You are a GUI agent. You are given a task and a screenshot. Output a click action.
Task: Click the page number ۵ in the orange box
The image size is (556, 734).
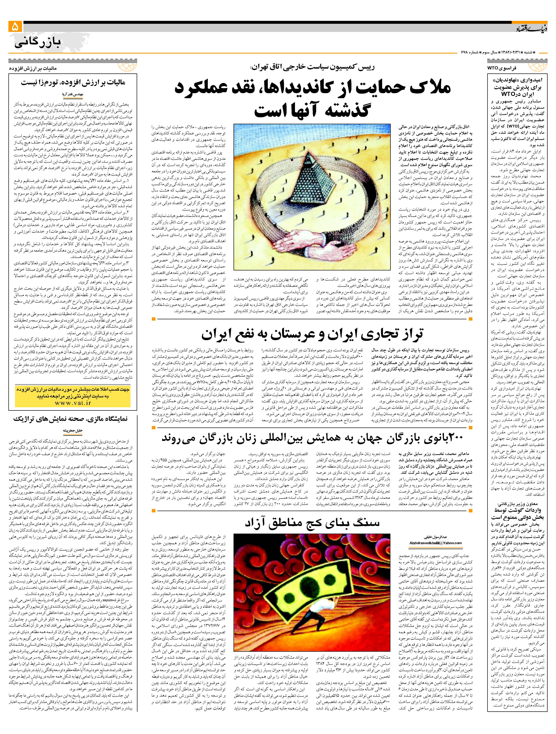pyautogui.click(x=16, y=27)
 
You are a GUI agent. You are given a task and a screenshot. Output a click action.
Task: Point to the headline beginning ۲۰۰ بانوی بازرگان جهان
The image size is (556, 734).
pyautogui.click(x=312, y=438)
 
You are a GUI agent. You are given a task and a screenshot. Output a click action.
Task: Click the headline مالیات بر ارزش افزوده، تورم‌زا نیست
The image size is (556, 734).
pyautogui.click(x=73, y=83)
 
